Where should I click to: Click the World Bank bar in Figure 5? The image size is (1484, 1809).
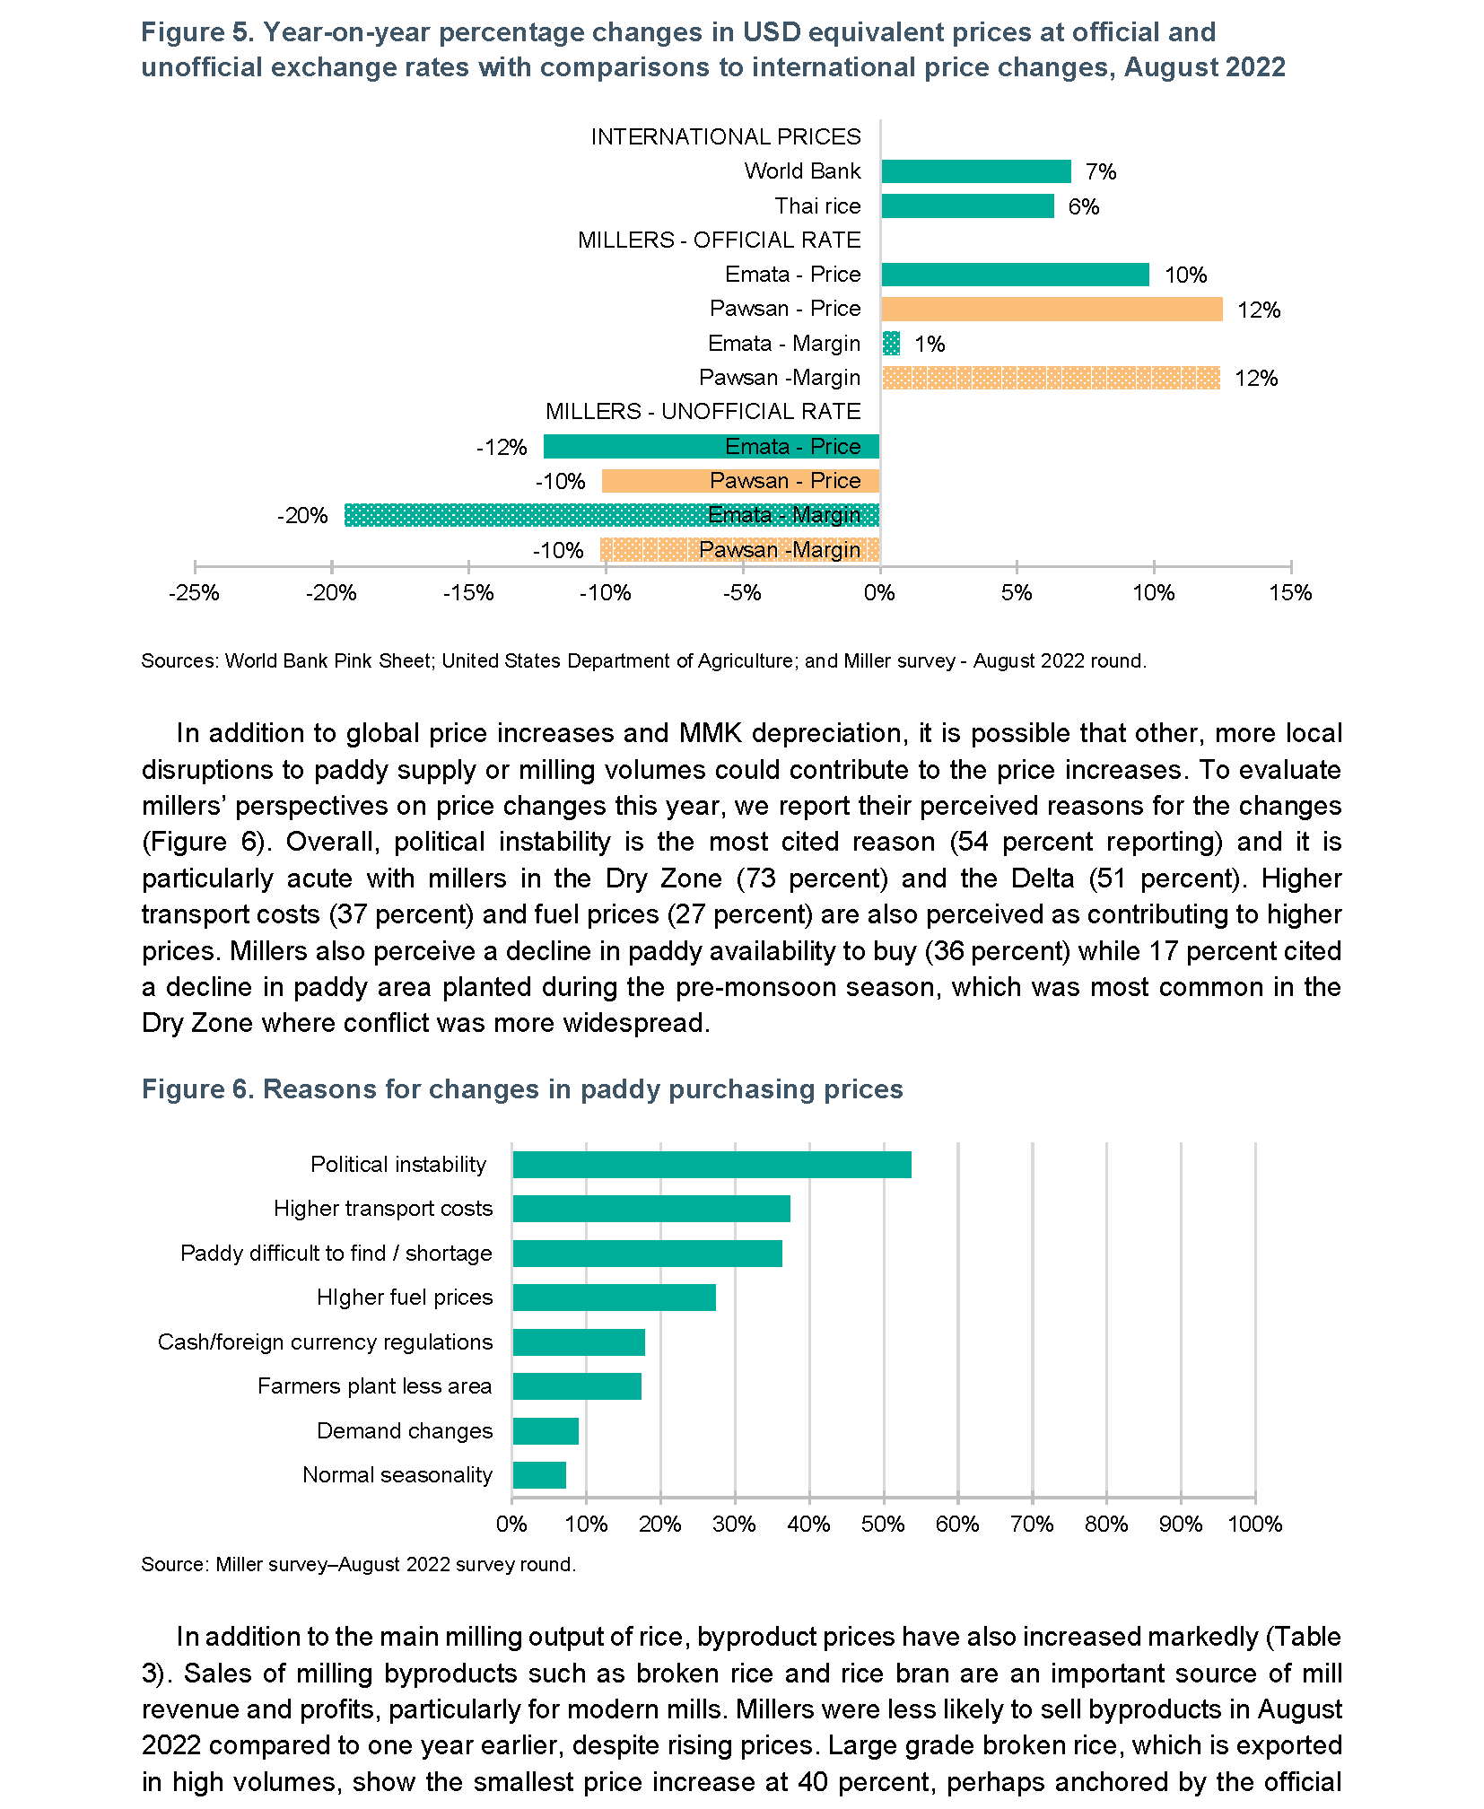[x=976, y=171]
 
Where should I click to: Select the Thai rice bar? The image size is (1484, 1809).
[x=967, y=206]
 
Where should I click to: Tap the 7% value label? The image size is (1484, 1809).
[x=1101, y=171]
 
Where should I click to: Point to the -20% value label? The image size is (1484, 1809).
[x=302, y=516]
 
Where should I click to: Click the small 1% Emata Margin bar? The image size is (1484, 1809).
[x=891, y=344]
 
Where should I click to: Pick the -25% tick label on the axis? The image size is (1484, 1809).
[x=195, y=593]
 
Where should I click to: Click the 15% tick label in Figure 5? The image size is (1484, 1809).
[x=1290, y=593]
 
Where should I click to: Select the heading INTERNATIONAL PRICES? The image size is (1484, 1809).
[x=726, y=136]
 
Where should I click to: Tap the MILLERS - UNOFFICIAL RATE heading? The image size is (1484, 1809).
[x=703, y=412]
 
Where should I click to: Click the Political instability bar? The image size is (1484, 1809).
[x=712, y=1165]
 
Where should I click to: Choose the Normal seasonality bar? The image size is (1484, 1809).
[x=539, y=1475]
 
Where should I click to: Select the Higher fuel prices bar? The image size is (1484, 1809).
[x=615, y=1298]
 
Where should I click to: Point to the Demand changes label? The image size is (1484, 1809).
[x=405, y=1431]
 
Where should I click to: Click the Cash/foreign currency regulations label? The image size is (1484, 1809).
[x=325, y=1342]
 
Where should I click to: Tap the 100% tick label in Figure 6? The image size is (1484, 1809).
[x=1255, y=1525]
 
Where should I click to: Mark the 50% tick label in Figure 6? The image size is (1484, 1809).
[x=883, y=1525]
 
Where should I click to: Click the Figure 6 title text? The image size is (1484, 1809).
[x=522, y=1089]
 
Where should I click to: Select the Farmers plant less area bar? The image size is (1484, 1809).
[x=577, y=1386]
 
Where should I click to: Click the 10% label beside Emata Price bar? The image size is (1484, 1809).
[x=1186, y=275]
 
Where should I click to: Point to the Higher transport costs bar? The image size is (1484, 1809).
[x=651, y=1209]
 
